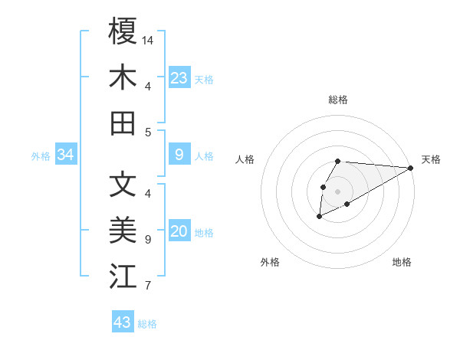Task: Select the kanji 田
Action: coord(123,123)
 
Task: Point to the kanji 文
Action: coord(123,184)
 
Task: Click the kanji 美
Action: coord(123,231)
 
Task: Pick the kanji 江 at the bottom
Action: coord(123,277)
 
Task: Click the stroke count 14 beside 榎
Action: coord(149,39)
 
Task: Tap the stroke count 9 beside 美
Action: coord(147,240)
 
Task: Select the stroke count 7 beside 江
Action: coord(147,286)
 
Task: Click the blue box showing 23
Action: coord(179,78)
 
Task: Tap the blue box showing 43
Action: coord(123,322)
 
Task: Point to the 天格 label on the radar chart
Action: coord(431,159)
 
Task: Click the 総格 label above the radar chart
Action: coord(338,100)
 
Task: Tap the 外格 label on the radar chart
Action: coord(270,262)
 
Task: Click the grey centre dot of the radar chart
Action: coord(337,191)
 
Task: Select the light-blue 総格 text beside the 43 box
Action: coord(147,324)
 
